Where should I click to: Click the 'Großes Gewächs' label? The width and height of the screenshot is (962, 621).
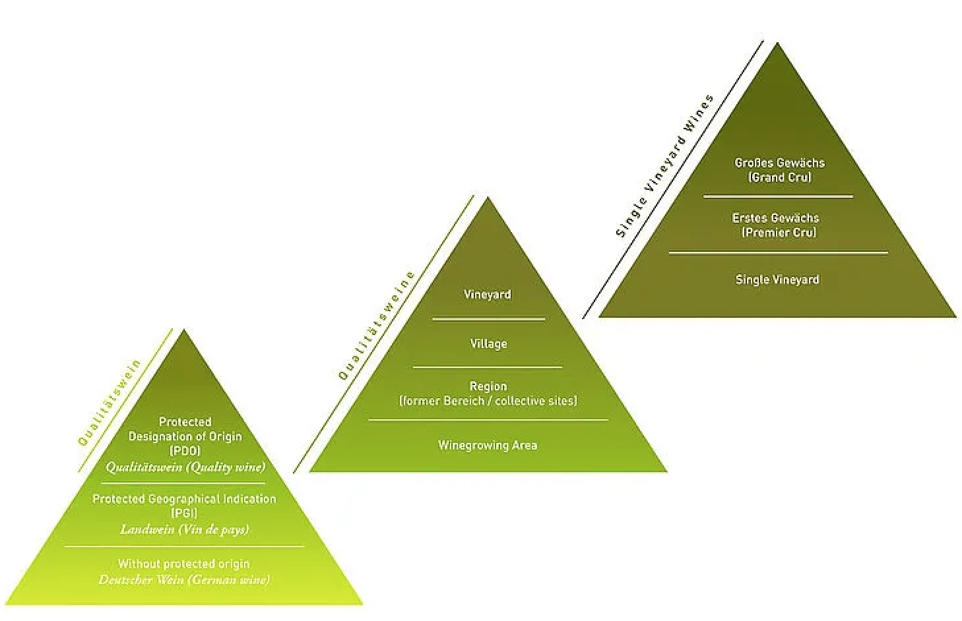click(779, 163)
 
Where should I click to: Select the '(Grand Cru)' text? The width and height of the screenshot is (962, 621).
click(779, 178)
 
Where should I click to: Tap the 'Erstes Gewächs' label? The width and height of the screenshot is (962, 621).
click(776, 218)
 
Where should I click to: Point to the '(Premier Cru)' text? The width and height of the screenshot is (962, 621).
click(779, 233)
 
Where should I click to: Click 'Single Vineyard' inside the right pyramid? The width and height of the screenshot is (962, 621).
click(777, 280)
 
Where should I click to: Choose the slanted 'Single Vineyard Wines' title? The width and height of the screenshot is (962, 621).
click(664, 166)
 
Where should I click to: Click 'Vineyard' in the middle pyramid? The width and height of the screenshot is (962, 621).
click(488, 295)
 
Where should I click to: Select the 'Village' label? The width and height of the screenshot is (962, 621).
click(489, 344)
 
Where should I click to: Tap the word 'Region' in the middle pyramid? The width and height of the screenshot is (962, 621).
click(488, 386)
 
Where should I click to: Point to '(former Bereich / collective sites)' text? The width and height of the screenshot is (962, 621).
click(488, 401)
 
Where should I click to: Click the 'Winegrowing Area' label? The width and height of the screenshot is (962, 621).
click(488, 446)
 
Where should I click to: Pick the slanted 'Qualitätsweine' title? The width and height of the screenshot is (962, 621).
click(377, 326)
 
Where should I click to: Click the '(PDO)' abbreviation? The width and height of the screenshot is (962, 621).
click(185, 451)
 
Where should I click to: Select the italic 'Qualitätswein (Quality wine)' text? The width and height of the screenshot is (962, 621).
click(185, 467)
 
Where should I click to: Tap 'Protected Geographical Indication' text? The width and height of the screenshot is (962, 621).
click(184, 499)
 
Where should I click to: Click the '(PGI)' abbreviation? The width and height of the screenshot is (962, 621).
click(184, 514)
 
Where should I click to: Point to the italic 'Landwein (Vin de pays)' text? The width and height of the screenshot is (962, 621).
click(185, 530)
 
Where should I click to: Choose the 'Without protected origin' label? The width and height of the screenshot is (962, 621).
click(184, 564)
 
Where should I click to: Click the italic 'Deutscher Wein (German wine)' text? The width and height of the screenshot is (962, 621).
click(184, 580)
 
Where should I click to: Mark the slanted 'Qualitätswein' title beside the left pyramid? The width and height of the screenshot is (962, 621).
click(109, 403)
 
